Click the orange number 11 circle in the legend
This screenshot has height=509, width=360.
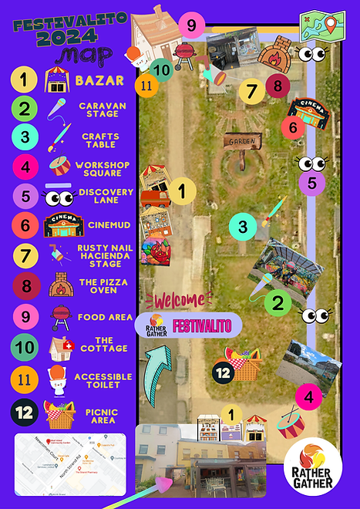click(25, 379)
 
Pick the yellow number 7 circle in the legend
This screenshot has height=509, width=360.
click(25, 254)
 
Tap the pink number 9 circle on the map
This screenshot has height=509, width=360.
click(191, 25)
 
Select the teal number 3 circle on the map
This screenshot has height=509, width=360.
click(243, 227)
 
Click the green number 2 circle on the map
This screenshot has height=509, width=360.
click(278, 302)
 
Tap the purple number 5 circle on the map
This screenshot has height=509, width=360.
click(311, 184)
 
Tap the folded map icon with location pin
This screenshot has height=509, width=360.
click(322, 26)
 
